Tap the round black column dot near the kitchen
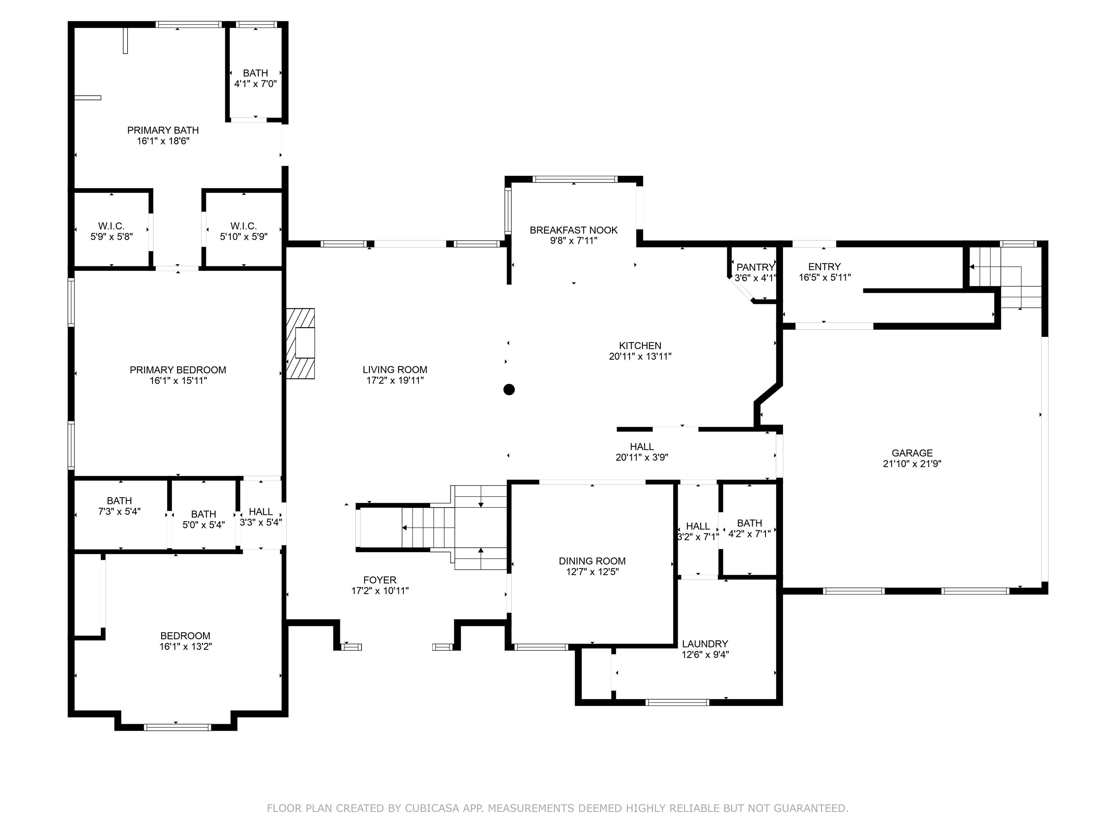click(509, 389)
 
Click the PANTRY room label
click(755, 267)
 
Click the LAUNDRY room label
click(705, 644)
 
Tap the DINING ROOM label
click(592, 561)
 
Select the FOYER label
click(380, 580)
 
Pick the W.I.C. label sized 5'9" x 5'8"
click(112, 226)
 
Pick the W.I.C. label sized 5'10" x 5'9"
click(244, 226)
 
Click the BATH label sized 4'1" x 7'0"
click(255, 73)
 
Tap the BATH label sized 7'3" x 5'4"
click(119, 501)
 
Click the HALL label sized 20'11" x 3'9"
click(642, 447)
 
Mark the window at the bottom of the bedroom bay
click(177, 727)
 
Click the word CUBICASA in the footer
click(432, 808)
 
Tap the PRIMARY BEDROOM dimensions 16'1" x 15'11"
click(178, 381)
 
